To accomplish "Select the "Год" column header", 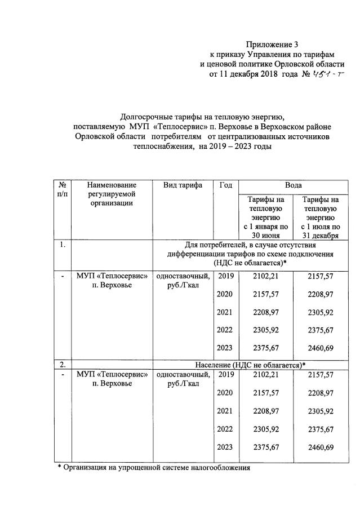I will tap(224, 185).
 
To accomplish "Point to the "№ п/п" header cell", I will tap(61, 189).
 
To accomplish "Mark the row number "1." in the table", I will tap(61, 245).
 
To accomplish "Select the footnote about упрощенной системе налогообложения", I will tap(153, 468).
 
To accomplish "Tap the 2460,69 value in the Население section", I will tap(321, 447).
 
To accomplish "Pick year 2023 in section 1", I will tap(225, 348).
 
